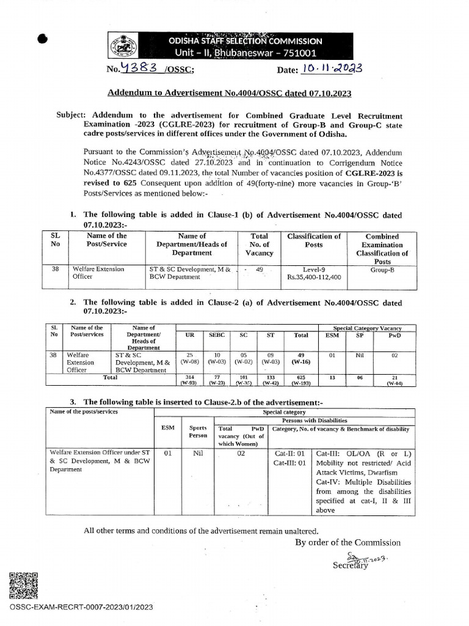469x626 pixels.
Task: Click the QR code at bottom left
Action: [24, 585]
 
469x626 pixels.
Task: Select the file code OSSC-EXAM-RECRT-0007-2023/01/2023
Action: [81, 606]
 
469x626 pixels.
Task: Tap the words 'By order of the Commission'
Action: [348, 542]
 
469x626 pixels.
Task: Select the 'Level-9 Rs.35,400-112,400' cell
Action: [313, 273]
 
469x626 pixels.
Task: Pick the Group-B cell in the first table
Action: [382, 268]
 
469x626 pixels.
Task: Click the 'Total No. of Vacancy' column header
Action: [259, 245]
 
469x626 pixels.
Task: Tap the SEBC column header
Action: [217, 335]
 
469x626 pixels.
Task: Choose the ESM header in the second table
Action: [332, 335]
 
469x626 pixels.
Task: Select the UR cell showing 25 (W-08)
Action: [189, 358]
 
